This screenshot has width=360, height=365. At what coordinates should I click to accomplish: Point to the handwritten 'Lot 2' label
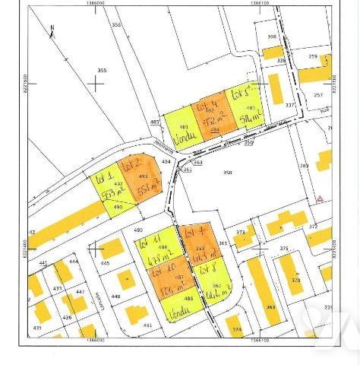click(x=132, y=163)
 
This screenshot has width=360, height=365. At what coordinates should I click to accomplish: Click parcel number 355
click(x=101, y=71)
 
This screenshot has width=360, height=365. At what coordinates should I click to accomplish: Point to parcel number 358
click(x=227, y=173)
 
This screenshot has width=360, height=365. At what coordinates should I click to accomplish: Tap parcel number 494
click(x=166, y=161)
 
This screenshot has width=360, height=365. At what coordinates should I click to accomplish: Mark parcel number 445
click(x=105, y=263)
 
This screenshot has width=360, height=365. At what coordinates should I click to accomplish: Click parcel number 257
click(x=317, y=95)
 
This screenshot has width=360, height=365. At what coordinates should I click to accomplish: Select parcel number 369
click(x=270, y=307)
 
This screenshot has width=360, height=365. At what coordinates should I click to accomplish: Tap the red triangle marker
click(x=321, y=198)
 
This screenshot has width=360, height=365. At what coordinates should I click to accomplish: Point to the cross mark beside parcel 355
click(x=96, y=83)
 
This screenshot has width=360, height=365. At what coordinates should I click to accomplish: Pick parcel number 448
click(x=115, y=297)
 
